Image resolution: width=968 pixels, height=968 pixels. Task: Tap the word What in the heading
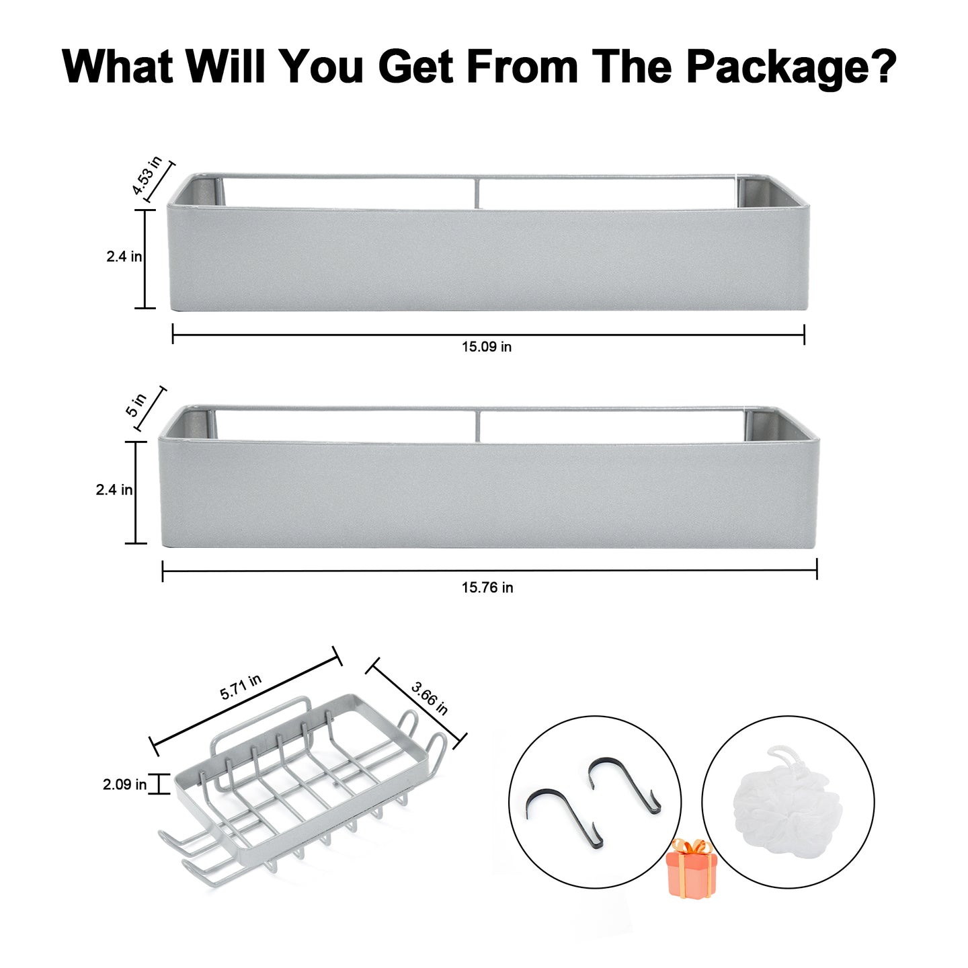(118, 66)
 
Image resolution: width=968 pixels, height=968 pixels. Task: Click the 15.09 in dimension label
(487, 347)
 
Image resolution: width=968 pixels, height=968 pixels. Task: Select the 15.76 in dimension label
(487, 588)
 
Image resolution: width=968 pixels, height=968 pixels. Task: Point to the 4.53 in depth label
(146, 175)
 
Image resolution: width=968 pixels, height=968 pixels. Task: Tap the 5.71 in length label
(241, 687)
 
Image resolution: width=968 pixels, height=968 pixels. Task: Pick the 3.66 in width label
(429, 698)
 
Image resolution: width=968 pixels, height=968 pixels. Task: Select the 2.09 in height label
(124, 784)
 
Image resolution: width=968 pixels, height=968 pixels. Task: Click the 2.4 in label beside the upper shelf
(124, 257)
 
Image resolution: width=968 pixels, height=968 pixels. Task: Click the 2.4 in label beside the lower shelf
(114, 490)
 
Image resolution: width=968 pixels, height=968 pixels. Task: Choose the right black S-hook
(624, 784)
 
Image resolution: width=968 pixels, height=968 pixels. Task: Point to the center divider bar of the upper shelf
(476, 192)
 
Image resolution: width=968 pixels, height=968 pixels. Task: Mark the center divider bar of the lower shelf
(477, 426)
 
